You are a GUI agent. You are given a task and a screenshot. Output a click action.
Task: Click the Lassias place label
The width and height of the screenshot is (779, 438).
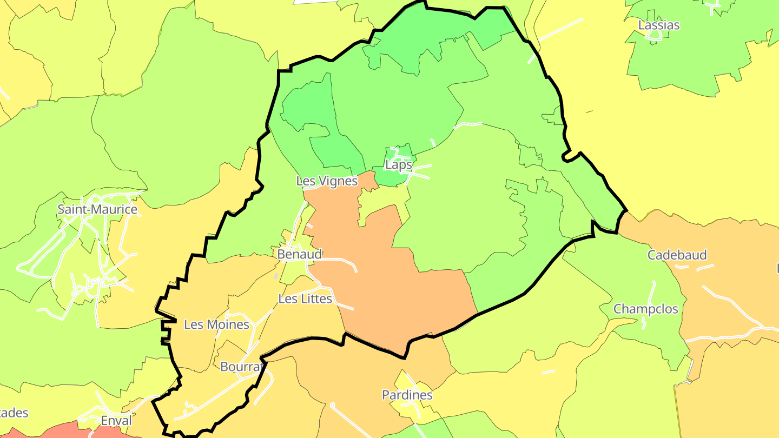tap(658, 25)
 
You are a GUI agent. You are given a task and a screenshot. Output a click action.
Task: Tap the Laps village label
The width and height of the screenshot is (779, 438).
tap(398, 165)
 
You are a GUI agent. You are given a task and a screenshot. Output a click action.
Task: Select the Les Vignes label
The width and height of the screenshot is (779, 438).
tap(327, 181)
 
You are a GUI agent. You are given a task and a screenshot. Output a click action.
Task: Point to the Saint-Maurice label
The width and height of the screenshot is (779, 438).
tap(97, 209)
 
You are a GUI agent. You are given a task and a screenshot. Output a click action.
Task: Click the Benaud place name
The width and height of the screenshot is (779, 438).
tap(299, 254)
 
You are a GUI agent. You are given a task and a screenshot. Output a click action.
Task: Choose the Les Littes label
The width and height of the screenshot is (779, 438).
tap(305, 298)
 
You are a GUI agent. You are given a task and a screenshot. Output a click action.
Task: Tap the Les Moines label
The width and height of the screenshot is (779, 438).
tap(216, 324)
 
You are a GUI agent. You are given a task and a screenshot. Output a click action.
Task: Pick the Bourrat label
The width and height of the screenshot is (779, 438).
tap(241, 367)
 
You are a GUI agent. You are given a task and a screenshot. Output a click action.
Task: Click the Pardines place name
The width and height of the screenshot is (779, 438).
tap(407, 395)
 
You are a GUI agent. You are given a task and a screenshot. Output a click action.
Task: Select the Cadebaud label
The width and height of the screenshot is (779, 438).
tap(677, 255)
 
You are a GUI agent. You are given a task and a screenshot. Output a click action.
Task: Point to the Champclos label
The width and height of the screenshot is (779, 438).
tap(645, 309)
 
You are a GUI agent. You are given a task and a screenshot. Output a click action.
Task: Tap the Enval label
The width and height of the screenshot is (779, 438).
tap(116, 421)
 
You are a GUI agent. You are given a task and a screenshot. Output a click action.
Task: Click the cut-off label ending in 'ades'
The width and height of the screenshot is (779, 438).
tap(14, 413)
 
